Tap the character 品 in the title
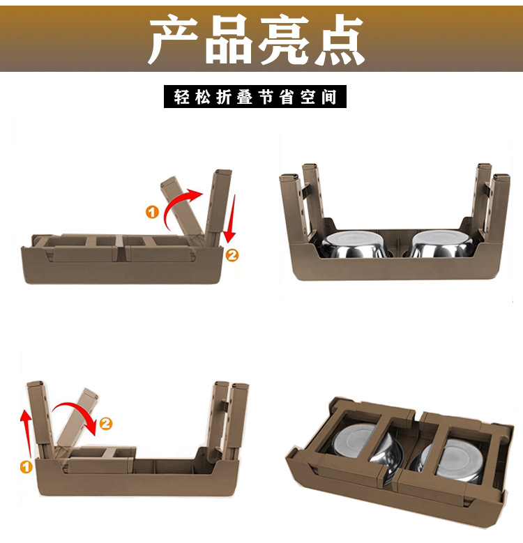click(x=229, y=39)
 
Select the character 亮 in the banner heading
click(x=283, y=39)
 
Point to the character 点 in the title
click(x=338, y=39)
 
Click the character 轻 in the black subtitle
click(x=181, y=97)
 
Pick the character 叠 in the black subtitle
click(x=245, y=97)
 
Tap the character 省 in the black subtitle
click(x=287, y=97)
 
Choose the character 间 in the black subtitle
click(x=328, y=97)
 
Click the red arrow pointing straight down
click(x=230, y=219)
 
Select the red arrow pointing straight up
click(x=27, y=434)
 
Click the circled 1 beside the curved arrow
click(x=152, y=212)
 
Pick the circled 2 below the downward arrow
click(x=232, y=256)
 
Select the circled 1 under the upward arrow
click(x=26, y=466)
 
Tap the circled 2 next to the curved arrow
click(x=106, y=424)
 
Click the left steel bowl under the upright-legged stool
click(x=354, y=244)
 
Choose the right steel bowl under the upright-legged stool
click(x=441, y=244)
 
